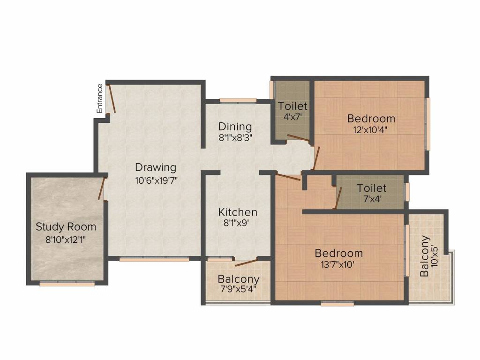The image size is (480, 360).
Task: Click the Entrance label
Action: pos(99,98)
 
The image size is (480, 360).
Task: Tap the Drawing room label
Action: pos(156,167)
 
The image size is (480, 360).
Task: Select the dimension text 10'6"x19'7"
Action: pos(156,180)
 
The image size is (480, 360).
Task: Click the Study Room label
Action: pos(66,227)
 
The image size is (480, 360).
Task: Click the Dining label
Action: pos(235,127)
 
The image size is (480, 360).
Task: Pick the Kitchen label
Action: pos(238,212)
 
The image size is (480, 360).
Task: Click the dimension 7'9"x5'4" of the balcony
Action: pos(238,289)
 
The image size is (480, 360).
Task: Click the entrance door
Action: pos(112,98)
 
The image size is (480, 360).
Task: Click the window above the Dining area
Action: pos(238,100)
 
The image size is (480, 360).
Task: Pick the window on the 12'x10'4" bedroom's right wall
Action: pos(427,124)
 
